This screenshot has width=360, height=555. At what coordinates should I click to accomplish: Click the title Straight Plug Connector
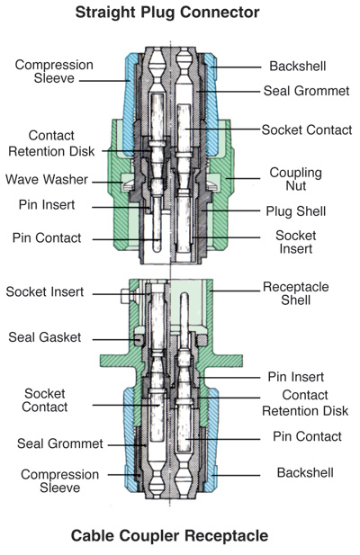click(x=167, y=13)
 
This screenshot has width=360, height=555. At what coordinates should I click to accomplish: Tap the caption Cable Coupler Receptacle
click(x=169, y=535)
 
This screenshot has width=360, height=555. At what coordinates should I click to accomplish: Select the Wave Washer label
click(x=47, y=179)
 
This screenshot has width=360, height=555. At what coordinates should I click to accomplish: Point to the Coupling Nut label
click(x=295, y=179)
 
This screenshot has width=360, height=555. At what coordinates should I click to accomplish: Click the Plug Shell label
click(x=295, y=211)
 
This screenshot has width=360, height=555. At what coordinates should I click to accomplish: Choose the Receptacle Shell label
click(x=295, y=293)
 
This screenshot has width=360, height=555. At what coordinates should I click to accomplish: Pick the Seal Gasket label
click(x=45, y=337)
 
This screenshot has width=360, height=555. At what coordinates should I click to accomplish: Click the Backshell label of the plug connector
click(x=298, y=67)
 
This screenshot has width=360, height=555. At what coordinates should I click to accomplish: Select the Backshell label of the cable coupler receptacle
click(x=305, y=472)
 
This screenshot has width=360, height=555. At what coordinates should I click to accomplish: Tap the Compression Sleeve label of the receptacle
click(x=59, y=481)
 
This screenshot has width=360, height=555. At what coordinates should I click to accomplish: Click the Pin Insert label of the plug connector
click(x=47, y=204)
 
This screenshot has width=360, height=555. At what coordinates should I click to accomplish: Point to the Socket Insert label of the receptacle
click(x=45, y=291)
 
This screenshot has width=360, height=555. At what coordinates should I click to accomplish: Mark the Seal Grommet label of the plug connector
click(x=307, y=91)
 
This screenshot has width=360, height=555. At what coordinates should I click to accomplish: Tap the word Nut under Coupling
click(x=295, y=186)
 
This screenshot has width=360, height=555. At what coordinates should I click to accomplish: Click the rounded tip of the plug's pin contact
click(x=157, y=249)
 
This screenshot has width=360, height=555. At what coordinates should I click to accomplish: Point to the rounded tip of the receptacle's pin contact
click(x=184, y=295)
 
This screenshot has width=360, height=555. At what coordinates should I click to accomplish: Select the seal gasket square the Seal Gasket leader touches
click(x=139, y=340)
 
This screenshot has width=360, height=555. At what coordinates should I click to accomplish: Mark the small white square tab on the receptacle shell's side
click(x=127, y=296)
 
